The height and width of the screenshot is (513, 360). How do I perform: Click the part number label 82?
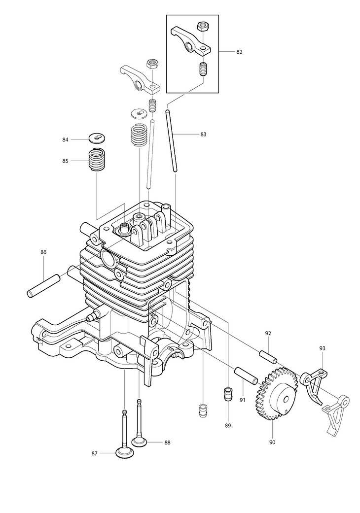tap(239, 52)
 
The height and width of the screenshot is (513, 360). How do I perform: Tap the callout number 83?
tap(203, 134)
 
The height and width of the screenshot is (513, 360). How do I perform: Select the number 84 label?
tap(65, 139)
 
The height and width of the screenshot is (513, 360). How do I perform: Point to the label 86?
tap(43, 252)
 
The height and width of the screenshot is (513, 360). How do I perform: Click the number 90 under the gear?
tap(272, 443)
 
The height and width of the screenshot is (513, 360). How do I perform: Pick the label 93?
tap(322, 348)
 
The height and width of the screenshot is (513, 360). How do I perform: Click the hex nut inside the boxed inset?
tap(203, 26)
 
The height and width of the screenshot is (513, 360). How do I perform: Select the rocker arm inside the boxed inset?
tap(191, 41)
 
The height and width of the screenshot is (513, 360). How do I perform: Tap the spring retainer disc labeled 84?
tap(98, 138)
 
